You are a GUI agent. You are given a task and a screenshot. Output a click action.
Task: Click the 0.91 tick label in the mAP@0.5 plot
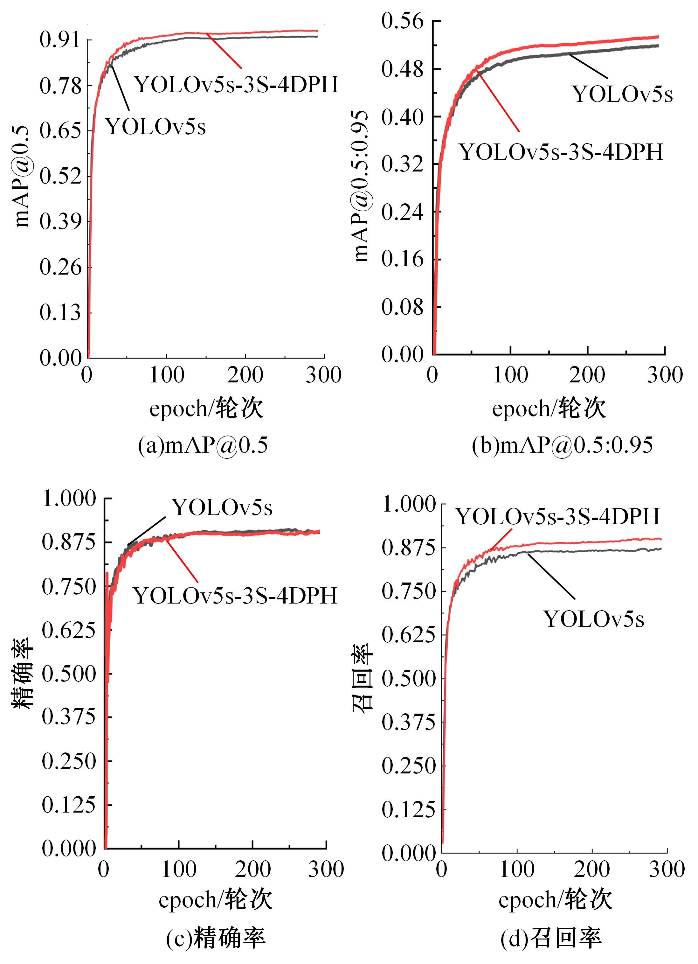(60, 40)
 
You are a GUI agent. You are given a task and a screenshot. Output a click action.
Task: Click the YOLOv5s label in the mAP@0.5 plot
(155, 126)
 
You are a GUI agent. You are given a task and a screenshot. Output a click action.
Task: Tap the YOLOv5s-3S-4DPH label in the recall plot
(558, 516)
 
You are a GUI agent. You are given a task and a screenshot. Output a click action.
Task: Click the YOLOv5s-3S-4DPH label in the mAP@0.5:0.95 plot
(561, 152)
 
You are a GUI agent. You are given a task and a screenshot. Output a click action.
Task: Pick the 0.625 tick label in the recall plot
(409, 635)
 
